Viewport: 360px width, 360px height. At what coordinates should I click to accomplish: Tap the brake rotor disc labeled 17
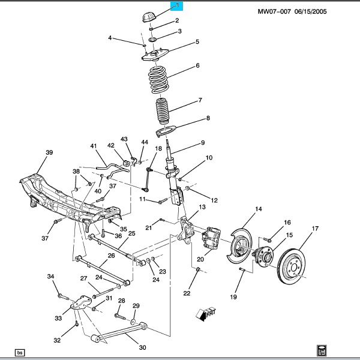pos(298,264)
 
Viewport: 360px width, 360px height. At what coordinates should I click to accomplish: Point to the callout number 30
pos(142,347)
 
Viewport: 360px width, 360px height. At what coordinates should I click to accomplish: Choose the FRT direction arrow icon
pos(204,313)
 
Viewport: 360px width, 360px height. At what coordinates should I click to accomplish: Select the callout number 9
pos(203,142)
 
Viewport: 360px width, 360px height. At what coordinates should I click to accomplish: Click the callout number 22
pos(187,293)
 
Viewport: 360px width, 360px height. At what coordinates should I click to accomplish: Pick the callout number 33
pos(58,318)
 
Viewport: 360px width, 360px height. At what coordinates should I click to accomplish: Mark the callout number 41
pos(93,146)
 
